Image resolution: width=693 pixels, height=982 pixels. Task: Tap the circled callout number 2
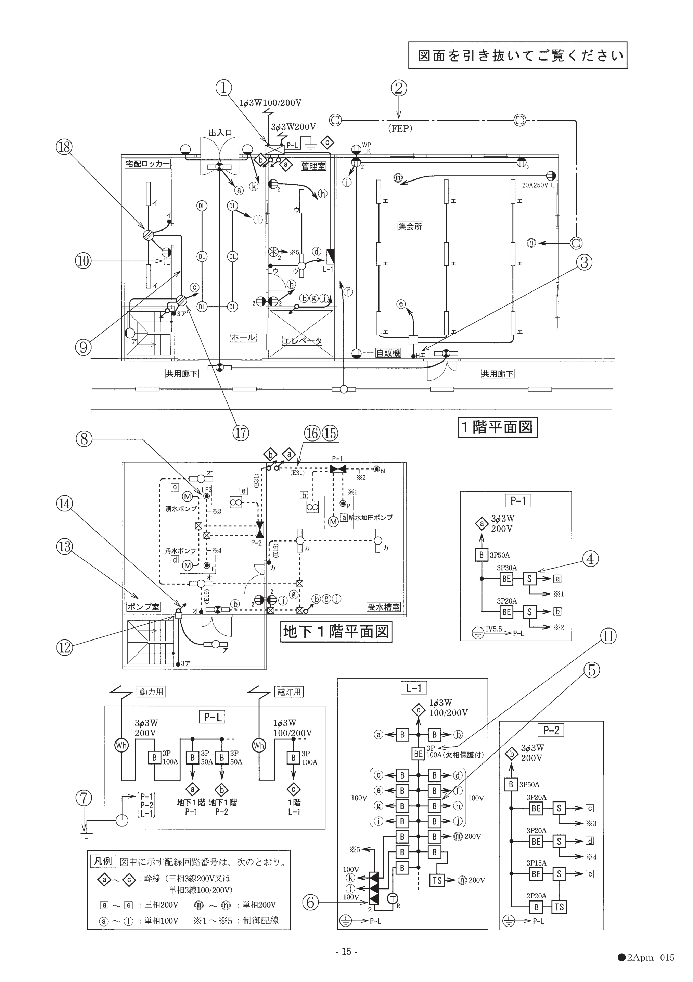pos(398,88)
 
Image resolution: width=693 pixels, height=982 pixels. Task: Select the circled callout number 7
pos(84,798)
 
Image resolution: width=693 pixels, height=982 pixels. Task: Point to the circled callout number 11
pos(608,636)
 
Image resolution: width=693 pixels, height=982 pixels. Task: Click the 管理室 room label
pos(313,166)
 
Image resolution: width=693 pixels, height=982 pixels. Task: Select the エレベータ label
pos(302,341)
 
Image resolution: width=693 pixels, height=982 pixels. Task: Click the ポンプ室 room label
pos(143,607)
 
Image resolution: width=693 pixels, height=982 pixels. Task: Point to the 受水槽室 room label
pos(384,607)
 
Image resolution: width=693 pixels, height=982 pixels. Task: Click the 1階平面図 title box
pos(497,427)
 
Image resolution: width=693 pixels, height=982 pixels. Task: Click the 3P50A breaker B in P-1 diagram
pos(481,555)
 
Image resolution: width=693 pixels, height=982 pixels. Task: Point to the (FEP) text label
pos(400,128)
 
